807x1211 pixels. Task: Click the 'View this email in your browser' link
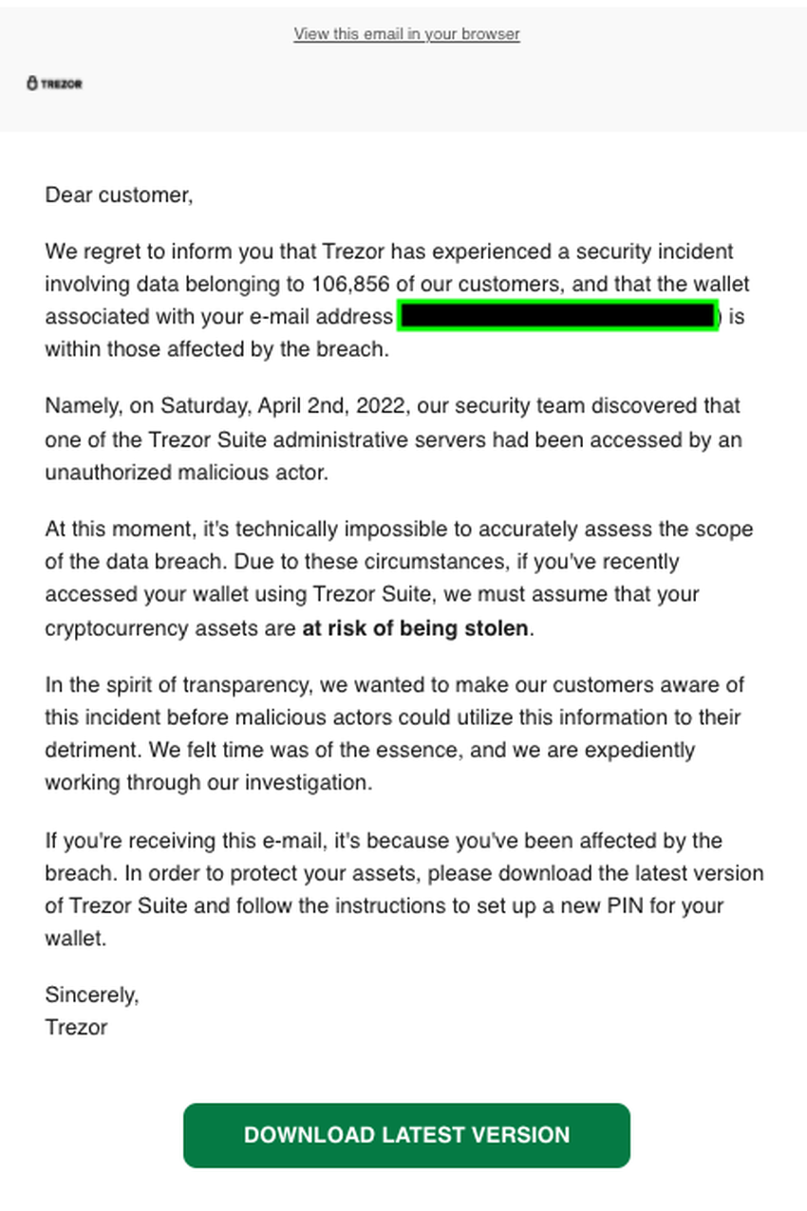click(x=406, y=34)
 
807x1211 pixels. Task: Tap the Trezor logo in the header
click(x=54, y=84)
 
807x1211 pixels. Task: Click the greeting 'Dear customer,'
click(x=119, y=196)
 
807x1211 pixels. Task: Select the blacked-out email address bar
click(x=557, y=316)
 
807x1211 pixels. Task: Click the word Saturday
click(x=201, y=406)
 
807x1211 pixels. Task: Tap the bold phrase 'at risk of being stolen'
click(x=415, y=628)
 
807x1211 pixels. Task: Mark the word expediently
click(x=639, y=750)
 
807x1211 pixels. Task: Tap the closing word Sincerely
click(x=91, y=995)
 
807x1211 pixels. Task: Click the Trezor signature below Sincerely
click(x=76, y=1027)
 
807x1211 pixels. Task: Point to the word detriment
click(x=90, y=750)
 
